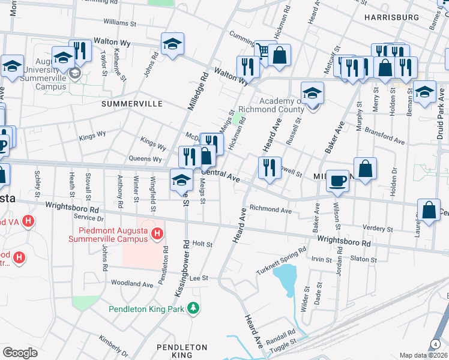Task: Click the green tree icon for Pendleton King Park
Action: click(x=193, y=308)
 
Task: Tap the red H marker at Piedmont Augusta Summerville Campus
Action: click(x=157, y=233)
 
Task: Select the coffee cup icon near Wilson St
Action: click(x=338, y=181)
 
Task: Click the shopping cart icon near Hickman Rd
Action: click(x=262, y=51)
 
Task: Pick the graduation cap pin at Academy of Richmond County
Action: click(x=312, y=93)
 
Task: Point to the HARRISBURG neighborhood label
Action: click(x=391, y=17)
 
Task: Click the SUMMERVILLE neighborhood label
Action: click(x=132, y=104)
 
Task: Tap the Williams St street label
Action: click(x=120, y=23)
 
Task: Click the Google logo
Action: click(x=20, y=352)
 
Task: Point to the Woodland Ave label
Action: click(x=131, y=283)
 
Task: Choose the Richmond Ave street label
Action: click(x=270, y=211)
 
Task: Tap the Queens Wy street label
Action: click(x=145, y=159)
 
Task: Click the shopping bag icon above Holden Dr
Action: click(x=365, y=168)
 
